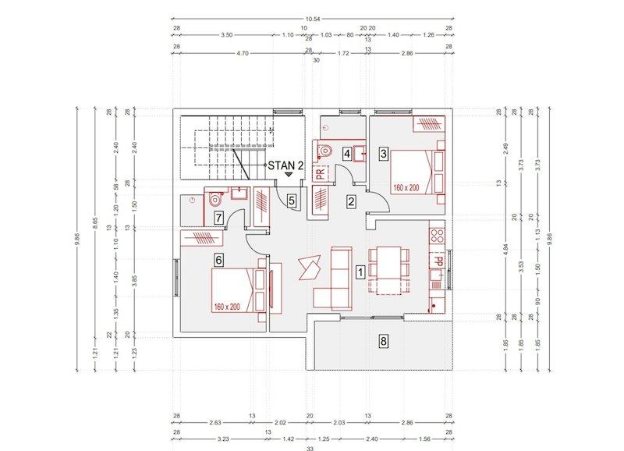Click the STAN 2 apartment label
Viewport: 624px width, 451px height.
click(x=285, y=165)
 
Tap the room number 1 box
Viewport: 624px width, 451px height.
click(x=360, y=272)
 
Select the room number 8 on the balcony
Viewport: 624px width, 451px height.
click(x=383, y=341)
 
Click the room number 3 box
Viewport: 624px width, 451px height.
click(x=383, y=153)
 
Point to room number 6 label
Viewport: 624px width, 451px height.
click(x=218, y=260)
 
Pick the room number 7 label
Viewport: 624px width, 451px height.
click(x=218, y=218)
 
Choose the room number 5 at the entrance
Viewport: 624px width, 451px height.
click(x=292, y=201)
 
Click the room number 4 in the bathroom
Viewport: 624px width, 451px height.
click(x=347, y=153)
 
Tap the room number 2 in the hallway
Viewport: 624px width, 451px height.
click(x=351, y=201)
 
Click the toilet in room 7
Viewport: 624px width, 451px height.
click(x=215, y=199)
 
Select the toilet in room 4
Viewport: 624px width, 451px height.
click(x=324, y=151)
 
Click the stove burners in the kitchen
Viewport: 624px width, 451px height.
click(x=438, y=235)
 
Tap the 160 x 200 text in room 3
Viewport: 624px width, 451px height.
click(x=406, y=187)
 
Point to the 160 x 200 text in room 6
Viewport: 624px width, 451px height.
click(x=227, y=307)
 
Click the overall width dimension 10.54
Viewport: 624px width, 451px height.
click(x=313, y=19)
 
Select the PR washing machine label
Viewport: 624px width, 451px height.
click(x=321, y=173)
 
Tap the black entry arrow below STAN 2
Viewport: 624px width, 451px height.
click(x=289, y=174)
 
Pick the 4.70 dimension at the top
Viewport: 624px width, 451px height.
click(x=242, y=53)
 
